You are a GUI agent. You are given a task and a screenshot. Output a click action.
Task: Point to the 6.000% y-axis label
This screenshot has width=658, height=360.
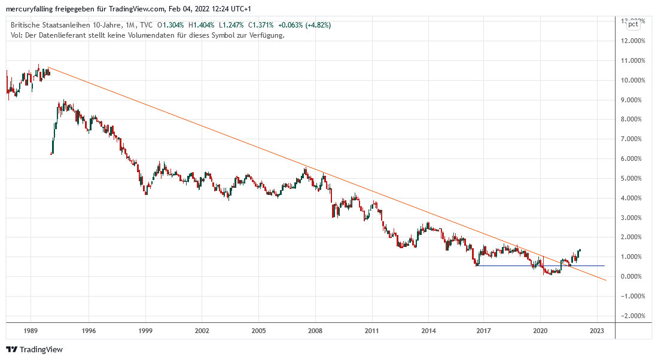click(x=633, y=159)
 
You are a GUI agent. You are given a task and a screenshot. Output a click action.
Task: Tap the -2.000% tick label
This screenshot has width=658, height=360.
click(x=632, y=316)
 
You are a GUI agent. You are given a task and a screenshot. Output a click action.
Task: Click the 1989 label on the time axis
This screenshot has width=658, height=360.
click(x=32, y=330)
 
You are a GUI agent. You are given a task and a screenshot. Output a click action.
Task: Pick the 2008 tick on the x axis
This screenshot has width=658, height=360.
click(x=315, y=330)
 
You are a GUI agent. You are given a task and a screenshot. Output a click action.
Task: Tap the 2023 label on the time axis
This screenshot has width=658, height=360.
click(x=596, y=330)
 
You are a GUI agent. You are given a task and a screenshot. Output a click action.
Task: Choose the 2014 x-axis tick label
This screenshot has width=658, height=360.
click(x=428, y=330)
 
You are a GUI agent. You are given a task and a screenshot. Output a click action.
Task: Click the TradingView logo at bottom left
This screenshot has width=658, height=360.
click(x=34, y=349)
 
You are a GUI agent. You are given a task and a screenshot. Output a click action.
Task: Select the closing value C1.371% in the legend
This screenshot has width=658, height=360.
click(x=261, y=25)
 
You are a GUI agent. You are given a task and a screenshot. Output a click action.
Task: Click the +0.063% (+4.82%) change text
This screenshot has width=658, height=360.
click(x=304, y=25)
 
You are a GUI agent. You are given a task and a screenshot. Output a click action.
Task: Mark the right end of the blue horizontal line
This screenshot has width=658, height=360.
click(x=605, y=266)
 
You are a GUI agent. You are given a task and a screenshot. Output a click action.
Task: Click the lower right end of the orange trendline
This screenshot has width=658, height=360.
click(x=606, y=280)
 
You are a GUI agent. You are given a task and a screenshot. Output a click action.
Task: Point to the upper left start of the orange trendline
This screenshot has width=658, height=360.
click(x=48, y=67)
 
